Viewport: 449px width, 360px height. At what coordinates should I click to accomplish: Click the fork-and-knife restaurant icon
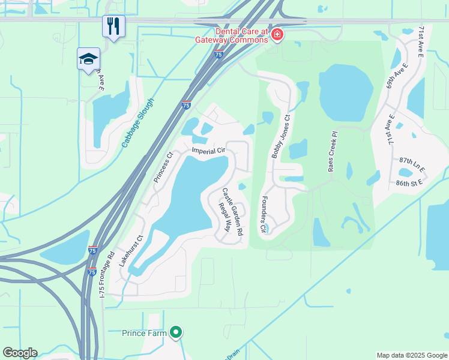pos(113,26)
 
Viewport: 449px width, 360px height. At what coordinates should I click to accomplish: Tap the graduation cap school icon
pos(88,59)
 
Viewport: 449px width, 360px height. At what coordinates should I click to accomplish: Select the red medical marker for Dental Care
pos(277,35)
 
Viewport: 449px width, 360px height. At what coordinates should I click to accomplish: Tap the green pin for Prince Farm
pos(176,332)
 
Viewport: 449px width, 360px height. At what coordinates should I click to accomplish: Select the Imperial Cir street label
pos(208,151)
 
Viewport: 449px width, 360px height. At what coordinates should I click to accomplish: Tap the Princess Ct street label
pos(163,167)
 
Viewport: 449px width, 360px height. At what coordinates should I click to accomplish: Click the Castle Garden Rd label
pos(233,211)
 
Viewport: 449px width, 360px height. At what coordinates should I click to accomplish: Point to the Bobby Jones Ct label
pos(280,137)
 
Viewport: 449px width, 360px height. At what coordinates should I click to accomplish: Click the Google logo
pos(20,353)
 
